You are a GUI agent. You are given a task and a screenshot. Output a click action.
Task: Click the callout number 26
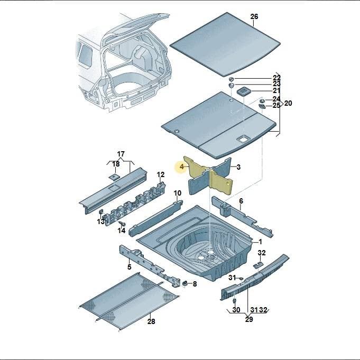(x=254, y=16)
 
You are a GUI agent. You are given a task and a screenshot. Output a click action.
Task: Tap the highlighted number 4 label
(x=182, y=167)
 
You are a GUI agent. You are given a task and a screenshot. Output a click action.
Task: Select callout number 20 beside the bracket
(x=288, y=103)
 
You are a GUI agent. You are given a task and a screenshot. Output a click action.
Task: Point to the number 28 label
(x=151, y=321)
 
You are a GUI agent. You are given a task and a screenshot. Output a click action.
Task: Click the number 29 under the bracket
(x=249, y=319)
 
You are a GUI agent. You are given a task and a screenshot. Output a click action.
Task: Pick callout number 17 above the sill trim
(x=121, y=154)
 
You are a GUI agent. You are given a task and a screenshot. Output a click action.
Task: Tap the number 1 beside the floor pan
(x=260, y=242)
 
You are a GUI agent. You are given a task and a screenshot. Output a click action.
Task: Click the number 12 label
(x=161, y=175)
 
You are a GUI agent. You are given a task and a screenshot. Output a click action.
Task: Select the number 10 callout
(x=178, y=193)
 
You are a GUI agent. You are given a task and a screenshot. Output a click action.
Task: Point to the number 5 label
(x=130, y=267)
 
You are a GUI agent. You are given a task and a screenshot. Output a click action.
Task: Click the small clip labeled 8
(x=184, y=283)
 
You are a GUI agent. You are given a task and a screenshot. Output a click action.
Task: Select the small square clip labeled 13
(x=100, y=211)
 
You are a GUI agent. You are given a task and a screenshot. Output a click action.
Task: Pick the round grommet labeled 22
(x=232, y=79)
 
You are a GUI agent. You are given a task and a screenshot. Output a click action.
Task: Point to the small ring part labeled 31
(x=241, y=279)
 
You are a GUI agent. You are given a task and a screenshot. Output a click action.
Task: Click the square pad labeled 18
(x=114, y=177)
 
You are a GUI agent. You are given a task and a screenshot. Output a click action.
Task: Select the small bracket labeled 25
(x=262, y=106)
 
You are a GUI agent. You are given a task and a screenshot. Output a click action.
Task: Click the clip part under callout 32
(x=259, y=264)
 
